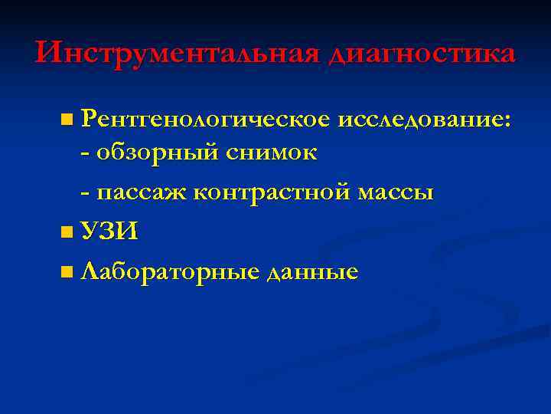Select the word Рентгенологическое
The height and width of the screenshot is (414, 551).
tap(205, 120)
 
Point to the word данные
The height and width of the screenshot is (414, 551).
tap(312, 271)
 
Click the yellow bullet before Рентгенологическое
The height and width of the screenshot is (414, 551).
tap(68, 120)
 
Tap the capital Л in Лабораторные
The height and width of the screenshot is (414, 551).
tap(90, 271)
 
